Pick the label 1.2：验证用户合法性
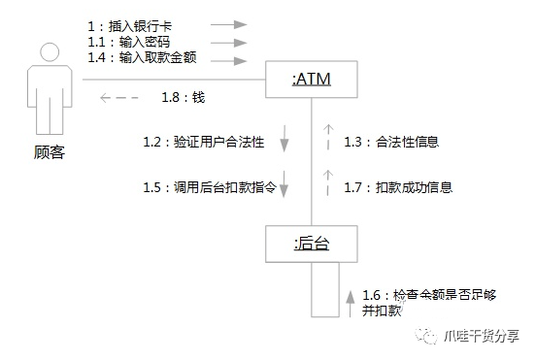pyautogui.click(x=203, y=142)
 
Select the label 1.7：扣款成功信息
pyautogui.click(x=398, y=186)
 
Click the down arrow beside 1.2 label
pyautogui.click(x=285, y=139)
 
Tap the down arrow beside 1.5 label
pyautogui.click(x=285, y=183)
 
